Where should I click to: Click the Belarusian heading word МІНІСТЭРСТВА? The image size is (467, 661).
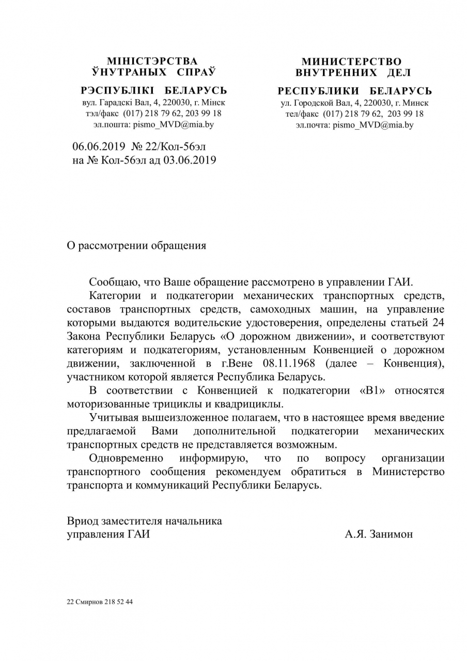coord(152,61)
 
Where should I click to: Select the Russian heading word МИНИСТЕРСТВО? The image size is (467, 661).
coord(351,62)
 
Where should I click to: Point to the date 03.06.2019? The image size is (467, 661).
coord(190,160)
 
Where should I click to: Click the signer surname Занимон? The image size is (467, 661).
coord(392,534)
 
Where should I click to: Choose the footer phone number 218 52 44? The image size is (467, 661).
coord(119,602)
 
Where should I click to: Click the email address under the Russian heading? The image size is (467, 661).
coord(373,125)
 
